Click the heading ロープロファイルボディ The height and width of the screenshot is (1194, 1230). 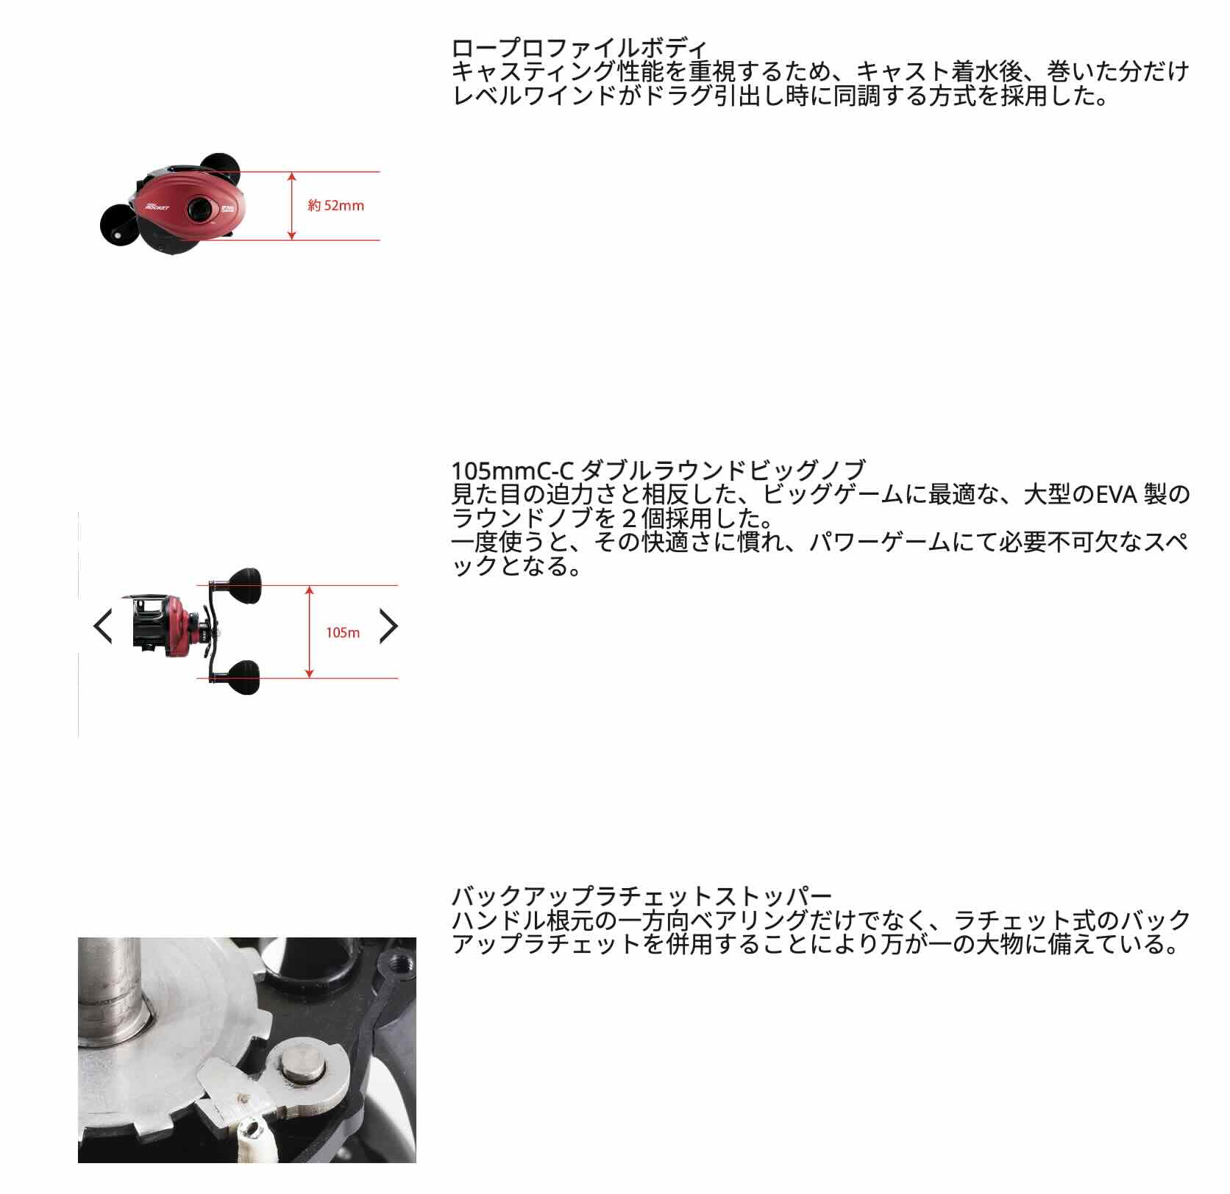[579, 48]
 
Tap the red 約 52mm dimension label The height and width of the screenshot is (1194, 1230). [336, 206]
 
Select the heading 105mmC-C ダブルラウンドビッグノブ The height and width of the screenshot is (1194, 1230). [658, 469]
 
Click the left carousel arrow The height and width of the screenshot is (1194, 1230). [103, 626]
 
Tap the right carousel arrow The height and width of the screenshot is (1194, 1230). [388, 626]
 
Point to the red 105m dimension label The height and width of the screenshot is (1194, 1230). [343, 632]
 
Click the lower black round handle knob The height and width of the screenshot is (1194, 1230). [243, 678]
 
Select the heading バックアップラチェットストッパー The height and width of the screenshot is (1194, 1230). [641, 895]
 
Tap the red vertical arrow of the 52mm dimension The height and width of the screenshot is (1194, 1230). [292, 206]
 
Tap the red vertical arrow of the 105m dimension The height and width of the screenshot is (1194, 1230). [310, 632]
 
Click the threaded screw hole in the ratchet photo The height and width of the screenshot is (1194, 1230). [401, 961]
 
